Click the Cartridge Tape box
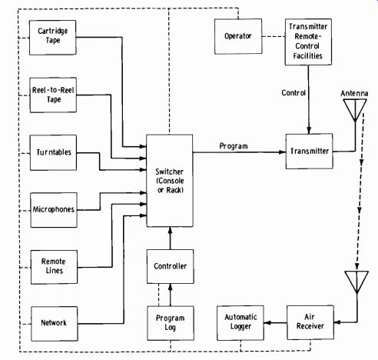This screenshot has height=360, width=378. tap(52, 38)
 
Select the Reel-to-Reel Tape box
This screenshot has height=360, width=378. tap(53, 95)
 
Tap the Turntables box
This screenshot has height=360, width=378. tap(53, 153)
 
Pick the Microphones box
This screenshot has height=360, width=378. tap(54, 210)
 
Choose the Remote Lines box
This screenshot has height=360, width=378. tap(54, 267)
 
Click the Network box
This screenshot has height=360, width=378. tap(55, 324)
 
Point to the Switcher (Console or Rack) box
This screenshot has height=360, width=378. tap(170, 181)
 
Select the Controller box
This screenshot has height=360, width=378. tap(171, 266)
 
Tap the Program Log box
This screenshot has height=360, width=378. tap(171, 323)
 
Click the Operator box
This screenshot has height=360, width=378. tap(238, 36)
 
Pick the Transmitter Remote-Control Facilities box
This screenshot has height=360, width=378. tap(308, 42)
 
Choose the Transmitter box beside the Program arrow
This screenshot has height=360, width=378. tap(310, 152)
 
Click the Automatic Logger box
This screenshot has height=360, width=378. tap(240, 323)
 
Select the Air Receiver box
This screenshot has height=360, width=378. tap(310, 322)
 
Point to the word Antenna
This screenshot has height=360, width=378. tap(354, 93)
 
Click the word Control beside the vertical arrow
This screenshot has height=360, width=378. tap(293, 92)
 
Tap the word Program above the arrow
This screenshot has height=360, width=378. tap(234, 146)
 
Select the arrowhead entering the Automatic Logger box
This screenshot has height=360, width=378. tap(267, 323)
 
